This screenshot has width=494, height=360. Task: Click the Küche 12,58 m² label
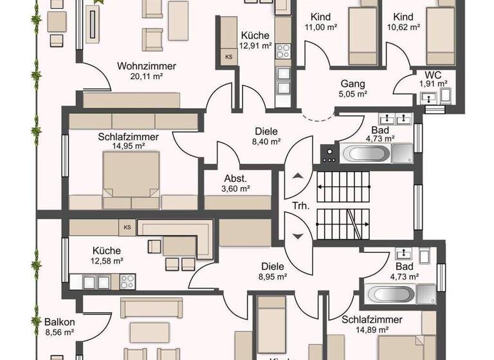point(107,255)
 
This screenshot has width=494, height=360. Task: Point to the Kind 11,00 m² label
point(320,22)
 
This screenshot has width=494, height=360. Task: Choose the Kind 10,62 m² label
point(403,22)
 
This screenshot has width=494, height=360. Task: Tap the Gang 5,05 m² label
point(352,89)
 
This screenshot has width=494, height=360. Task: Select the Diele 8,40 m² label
point(265,136)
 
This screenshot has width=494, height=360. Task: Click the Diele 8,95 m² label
point(273,271)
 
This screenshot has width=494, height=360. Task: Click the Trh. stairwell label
point(300,206)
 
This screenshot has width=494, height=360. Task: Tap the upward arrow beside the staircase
point(297,177)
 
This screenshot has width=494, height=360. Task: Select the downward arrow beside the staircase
point(297,235)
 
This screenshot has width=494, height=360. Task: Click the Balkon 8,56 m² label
point(59,327)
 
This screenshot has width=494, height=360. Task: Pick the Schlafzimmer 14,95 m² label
point(128,141)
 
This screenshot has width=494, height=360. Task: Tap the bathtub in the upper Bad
point(365,154)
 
